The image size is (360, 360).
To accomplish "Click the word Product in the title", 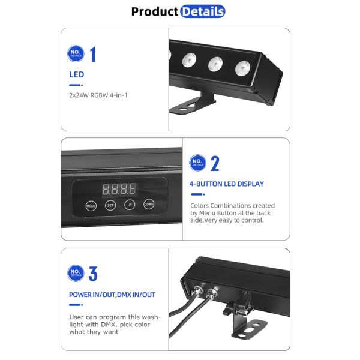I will [155, 11].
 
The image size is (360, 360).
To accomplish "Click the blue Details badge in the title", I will [202, 11].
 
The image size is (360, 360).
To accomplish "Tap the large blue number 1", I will [93, 55].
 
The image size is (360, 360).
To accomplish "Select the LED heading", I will [76, 75].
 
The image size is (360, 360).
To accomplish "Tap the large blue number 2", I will [215, 163].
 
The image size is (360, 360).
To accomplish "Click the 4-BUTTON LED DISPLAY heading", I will [226, 184].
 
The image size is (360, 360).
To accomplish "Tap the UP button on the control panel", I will [129, 205].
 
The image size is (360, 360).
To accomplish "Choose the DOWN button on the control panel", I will [149, 205].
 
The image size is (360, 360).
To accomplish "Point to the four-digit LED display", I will [119, 188].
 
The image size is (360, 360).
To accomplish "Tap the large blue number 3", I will [93, 274].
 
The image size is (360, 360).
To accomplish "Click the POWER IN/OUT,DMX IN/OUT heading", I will [112, 295].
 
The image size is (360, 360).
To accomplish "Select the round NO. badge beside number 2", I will [197, 163].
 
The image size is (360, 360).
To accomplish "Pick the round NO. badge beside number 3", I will [76, 274].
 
